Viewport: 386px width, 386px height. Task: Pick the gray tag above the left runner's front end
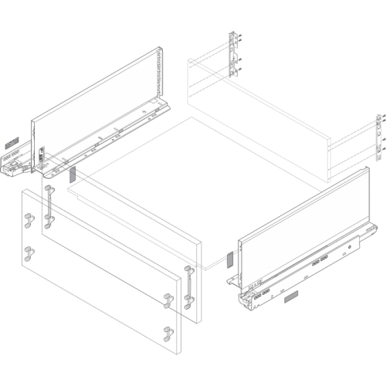coord(11,144)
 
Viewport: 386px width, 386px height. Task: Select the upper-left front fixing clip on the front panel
coord(29,221)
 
